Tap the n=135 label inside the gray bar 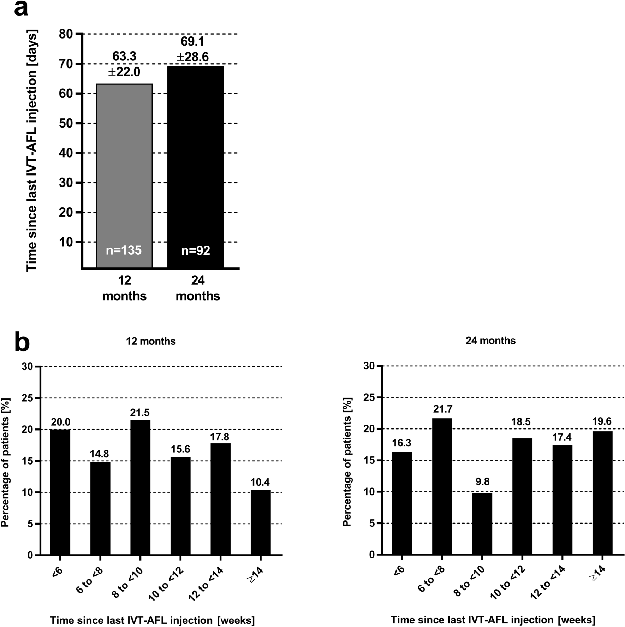[x=124, y=250]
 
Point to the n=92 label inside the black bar [x=196, y=250]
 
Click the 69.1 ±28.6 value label [x=192, y=49]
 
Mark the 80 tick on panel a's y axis [x=67, y=34]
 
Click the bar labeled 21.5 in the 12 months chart [x=140, y=487]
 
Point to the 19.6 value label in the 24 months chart [x=602, y=421]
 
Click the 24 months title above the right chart [x=490, y=341]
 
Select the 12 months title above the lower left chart [x=151, y=341]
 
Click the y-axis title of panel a [x=32, y=150]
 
